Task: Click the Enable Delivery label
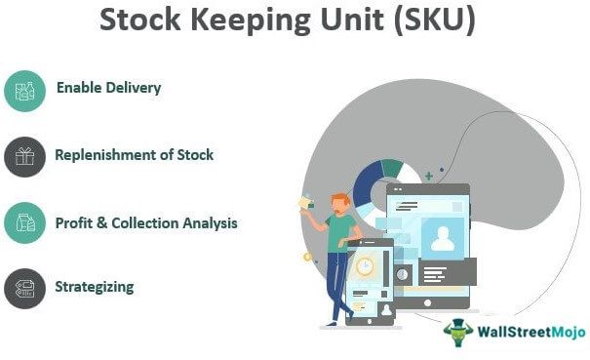point(108,88)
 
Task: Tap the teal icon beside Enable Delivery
point(24,90)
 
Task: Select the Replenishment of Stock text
point(134,154)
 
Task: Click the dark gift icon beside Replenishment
point(24,156)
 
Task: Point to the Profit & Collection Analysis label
point(146,222)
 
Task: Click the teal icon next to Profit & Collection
point(24,222)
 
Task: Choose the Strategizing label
point(95,287)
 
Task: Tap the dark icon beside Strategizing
point(24,289)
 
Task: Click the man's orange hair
point(338,200)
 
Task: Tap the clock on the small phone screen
point(365,266)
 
